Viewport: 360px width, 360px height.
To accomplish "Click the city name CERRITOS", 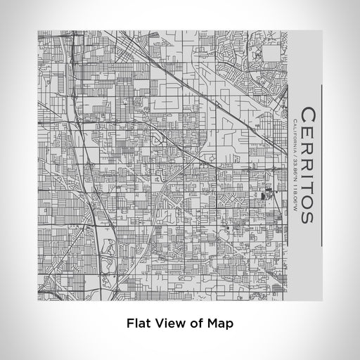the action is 307,166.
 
